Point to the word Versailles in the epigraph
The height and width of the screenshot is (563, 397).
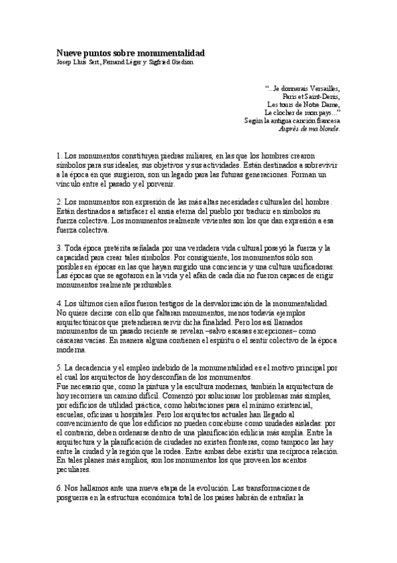(323, 88)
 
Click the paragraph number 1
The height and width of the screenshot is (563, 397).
(58, 155)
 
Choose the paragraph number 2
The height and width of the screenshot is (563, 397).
(58, 202)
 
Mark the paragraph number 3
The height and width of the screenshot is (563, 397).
(58, 248)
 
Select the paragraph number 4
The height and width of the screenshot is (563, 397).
(58, 303)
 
